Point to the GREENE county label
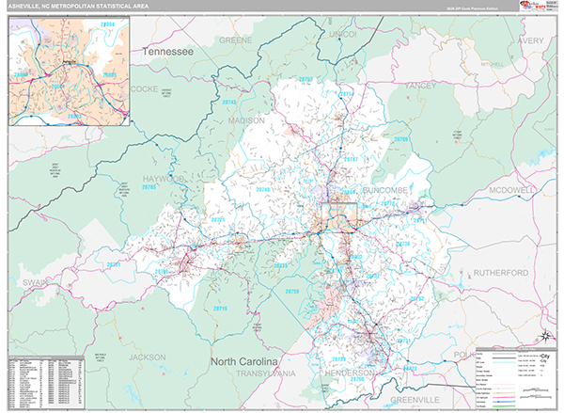pyautogui.click(x=236, y=41)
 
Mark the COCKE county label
pyautogui.click(x=148, y=87)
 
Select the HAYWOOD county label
pyautogui.click(x=164, y=177)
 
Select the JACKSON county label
pyautogui.click(x=148, y=357)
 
